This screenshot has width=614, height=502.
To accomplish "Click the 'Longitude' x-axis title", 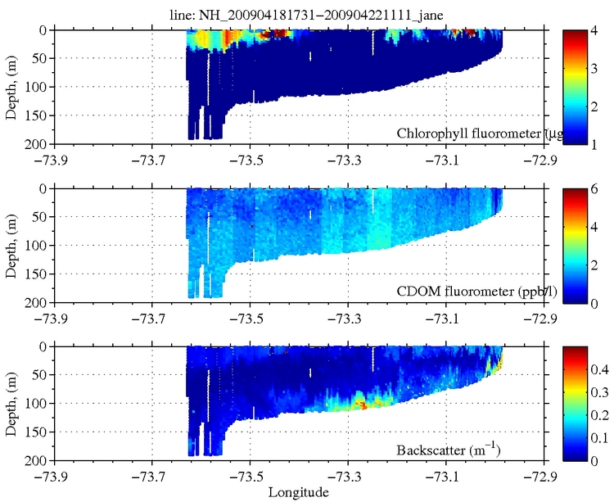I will [300, 492].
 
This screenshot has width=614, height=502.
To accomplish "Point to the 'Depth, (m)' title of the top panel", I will [11, 85].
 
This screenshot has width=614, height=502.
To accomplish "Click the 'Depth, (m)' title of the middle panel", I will [11, 244].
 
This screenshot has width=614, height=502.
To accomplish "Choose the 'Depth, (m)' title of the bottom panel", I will [11, 403].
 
